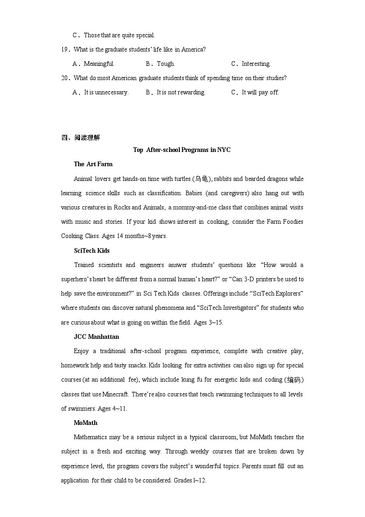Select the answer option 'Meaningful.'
[x=99, y=64]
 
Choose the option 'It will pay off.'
[x=260, y=93]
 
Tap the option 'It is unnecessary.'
[x=106, y=93]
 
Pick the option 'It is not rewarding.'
[x=181, y=93]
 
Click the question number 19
[x=65, y=50]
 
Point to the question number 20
[x=65, y=78]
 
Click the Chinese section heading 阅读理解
[x=87, y=138]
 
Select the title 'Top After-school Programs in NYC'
[x=182, y=150]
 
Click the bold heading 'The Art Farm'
[x=93, y=164]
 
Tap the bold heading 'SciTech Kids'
[x=91, y=251]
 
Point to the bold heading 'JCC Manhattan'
[x=96, y=337]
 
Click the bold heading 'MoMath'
[x=86, y=423]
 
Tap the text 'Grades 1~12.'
[x=190, y=481]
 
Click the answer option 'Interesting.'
[x=256, y=64]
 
